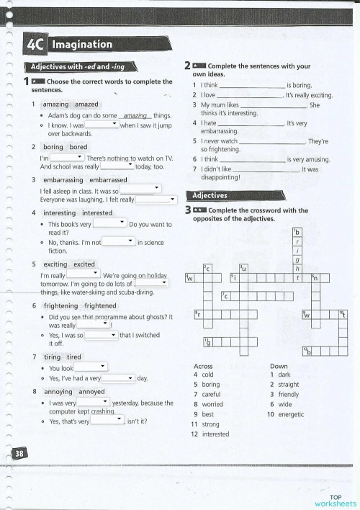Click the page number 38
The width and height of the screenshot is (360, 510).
[x=19, y=452]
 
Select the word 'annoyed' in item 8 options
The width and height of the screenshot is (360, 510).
[x=92, y=391]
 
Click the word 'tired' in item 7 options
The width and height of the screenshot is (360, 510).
[x=74, y=357]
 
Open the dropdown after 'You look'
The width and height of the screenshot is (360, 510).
[x=91, y=367]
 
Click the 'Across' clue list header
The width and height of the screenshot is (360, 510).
[x=203, y=366]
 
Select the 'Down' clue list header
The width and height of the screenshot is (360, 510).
[x=279, y=366]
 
